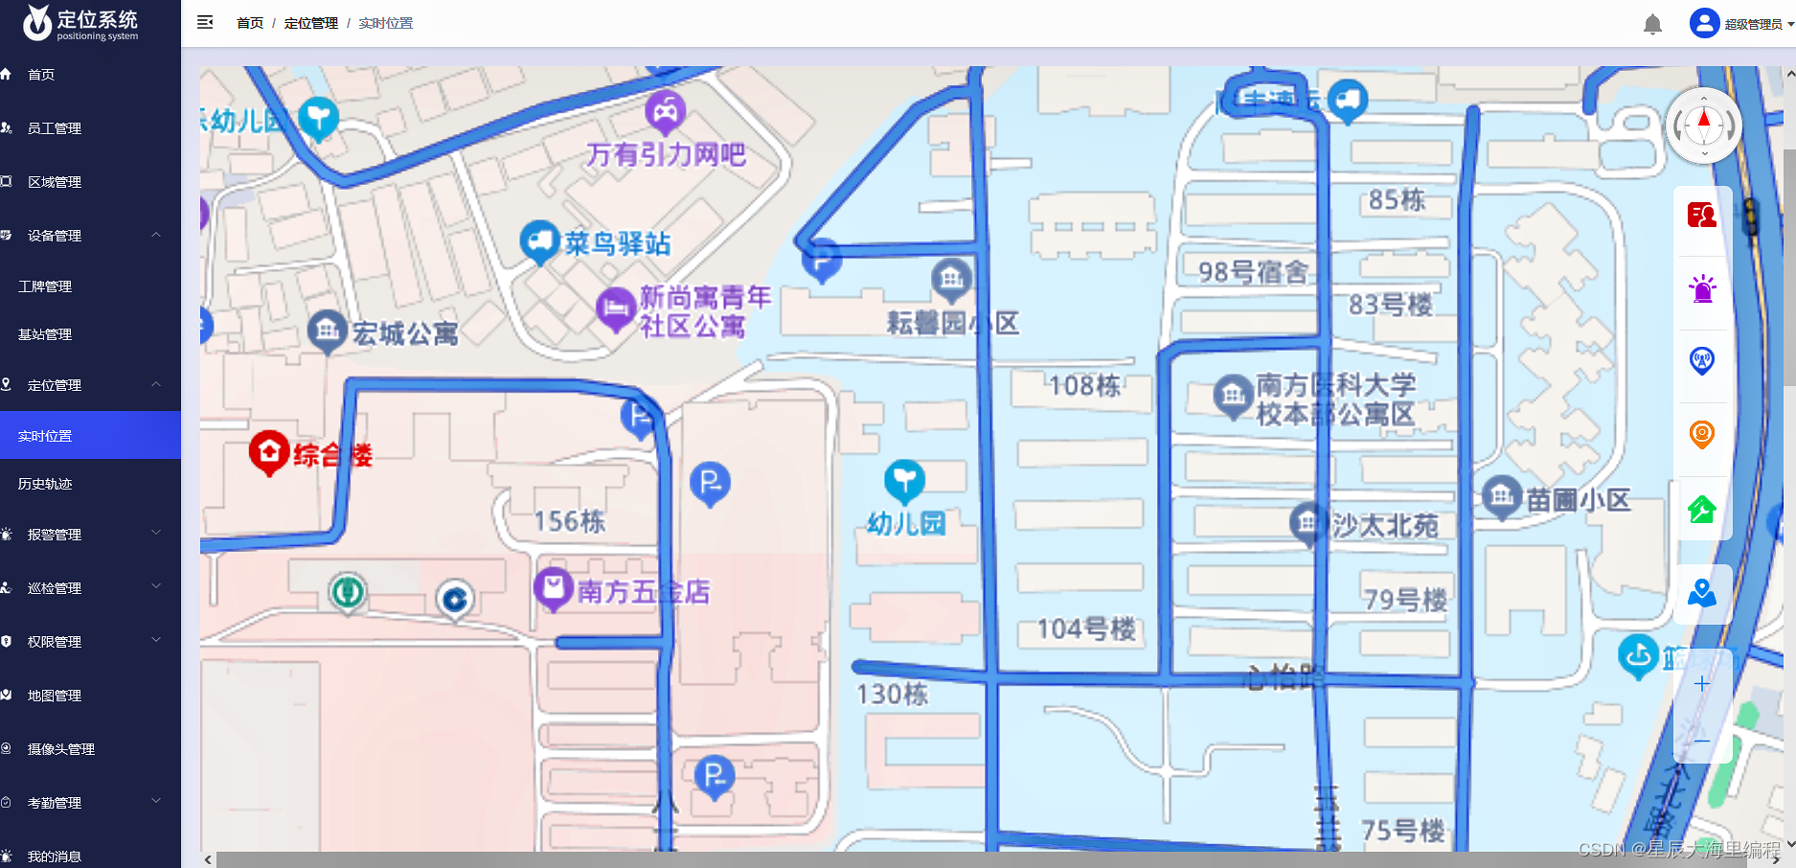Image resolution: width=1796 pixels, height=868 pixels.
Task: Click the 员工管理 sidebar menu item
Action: [x=55, y=128]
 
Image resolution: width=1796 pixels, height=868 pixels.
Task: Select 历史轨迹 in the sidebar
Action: [x=45, y=484]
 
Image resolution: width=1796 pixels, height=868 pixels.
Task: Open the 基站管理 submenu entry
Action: [x=45, y=334]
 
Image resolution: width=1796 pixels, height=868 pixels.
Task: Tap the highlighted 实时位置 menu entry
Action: [x=45, y=436]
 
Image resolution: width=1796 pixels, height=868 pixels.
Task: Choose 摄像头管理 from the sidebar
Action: [x=60, y=749]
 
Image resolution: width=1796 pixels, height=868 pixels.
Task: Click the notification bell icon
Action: [x=1652, y=24]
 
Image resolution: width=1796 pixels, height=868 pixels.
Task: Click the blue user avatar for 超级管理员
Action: [x=1704, y=23]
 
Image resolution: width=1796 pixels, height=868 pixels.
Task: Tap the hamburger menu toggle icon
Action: [x=205, y=22]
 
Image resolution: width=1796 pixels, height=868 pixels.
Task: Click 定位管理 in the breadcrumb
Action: [x=311, y=23]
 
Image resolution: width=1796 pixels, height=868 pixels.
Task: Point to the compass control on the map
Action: [x=1704, y=126]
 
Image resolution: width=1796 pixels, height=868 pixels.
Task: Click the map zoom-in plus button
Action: [x=1702, y=683]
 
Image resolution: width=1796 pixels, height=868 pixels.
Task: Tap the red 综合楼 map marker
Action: [x=269, y=452]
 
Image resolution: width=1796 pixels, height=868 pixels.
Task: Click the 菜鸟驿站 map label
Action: [x=617, y=243]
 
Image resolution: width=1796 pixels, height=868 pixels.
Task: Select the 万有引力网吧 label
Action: [x=666, y=154]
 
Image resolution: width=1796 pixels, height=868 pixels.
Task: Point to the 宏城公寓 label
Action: [x=404, y=333]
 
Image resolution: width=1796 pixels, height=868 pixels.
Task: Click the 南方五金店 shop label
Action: [x=643, y=592]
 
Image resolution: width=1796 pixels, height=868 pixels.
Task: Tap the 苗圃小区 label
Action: [x=1577, y=499]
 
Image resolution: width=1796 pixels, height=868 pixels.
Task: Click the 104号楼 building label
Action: [x=1086, y=628]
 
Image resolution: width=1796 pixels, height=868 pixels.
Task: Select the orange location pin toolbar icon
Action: [x=1702, y=435]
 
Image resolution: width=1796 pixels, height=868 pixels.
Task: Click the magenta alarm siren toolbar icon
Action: [x=1702, y=288]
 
